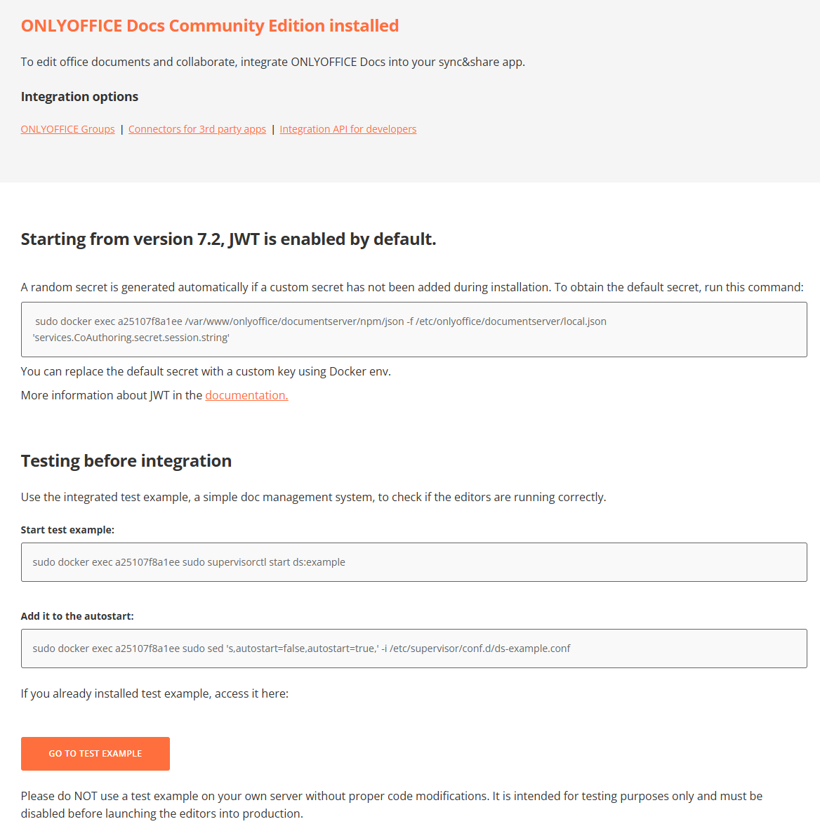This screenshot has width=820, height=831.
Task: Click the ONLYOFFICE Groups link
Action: tap(67, 129)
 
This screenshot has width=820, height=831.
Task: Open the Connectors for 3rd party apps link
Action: tap(197, 129)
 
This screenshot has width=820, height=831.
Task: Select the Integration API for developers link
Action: tap(348, 129)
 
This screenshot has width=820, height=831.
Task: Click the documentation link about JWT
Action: tap(246, 395)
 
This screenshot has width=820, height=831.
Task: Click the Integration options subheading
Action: tap(79, 97)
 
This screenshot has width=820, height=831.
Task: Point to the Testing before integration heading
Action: tap(126, 461)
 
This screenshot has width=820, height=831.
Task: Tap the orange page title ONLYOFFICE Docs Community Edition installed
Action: tap(209, 26)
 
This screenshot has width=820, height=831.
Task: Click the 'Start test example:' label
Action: tap(67, 530)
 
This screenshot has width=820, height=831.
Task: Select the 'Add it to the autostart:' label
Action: tap(77, 616)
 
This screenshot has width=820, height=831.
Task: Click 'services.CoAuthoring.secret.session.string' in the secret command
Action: tap(131, 338)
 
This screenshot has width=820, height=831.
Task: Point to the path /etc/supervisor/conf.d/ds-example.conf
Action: tap(480, 649)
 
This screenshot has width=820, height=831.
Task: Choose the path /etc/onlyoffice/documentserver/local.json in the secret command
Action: tap(511, 321)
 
